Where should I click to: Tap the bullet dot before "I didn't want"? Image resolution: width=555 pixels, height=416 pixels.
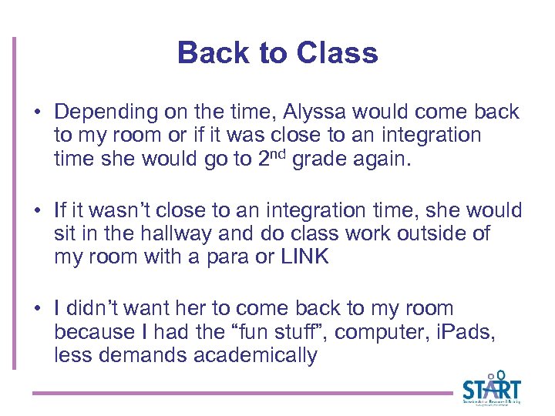click(37, 309)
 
